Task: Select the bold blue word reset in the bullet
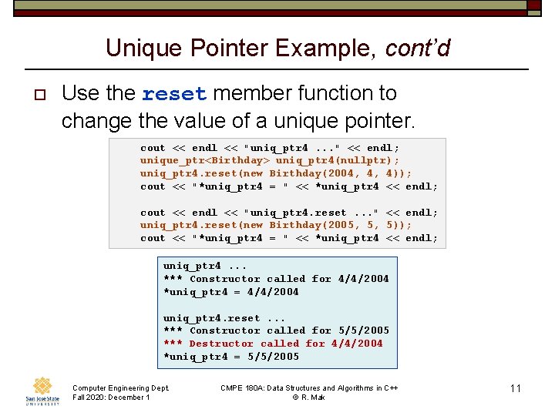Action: pyautogui.click(x=174, y=95)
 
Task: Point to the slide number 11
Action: pyautogui.click(x=515, y=387)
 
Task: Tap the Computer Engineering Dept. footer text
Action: pyautogui.click(x=120, y=387)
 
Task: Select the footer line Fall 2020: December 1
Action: pyautogui.click(x=111, y=398)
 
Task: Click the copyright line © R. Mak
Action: pyautogui.click(x=308, y=398)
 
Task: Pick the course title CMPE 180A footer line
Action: pyautogui.click(x=308, y=387)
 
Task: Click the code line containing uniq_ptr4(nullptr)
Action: pyautogui.click(x=270, y=160)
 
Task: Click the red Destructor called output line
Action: pyautogui.click(x=273, y=344)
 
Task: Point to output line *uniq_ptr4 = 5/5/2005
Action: pyautogui.click(x=231, y=357)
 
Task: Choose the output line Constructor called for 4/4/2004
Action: pyautogui.click(x=276, y=279)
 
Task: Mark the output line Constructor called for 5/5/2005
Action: pyautogui.click(x=276, y=330)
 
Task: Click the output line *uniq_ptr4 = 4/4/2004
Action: pyautogui.click(x=231, y=292)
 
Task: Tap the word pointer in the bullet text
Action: pyautogui.click(x=373, y=121)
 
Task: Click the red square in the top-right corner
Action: pyautogui.click(x=533, y=6)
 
